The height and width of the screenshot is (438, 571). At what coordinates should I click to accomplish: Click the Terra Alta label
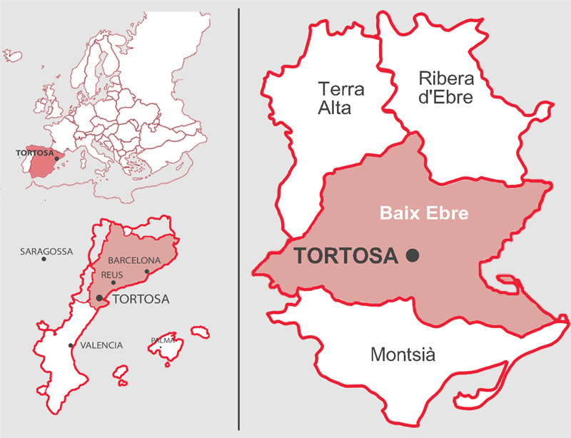[x=341, y=98]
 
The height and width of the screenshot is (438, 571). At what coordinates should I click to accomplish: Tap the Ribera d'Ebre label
[x=445, y=88]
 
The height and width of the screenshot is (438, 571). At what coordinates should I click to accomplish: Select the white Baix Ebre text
[x=423, y=213]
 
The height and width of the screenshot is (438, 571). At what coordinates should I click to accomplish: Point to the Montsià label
[x=403, y=355]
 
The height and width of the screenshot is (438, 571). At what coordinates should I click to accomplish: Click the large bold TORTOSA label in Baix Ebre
[x=345, y=255]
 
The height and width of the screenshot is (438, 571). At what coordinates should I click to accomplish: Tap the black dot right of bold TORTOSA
[x=412, y=255]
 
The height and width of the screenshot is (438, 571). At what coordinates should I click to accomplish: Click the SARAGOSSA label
[x=46, y=251]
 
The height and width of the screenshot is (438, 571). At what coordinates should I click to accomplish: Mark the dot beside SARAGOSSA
[x=44, y=259]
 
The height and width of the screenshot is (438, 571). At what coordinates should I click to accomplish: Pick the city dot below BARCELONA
[x=147, y=271]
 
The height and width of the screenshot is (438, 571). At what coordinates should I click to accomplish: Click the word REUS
[x=112, y=275]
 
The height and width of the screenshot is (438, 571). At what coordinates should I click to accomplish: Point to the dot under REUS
[x=113, y=282]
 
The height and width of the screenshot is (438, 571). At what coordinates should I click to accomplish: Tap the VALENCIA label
[x=101, y=345]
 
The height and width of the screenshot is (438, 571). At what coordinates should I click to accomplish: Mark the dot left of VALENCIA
[x=70, y=346]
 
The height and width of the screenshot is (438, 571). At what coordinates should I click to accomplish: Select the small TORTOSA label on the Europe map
[x=31, y=152]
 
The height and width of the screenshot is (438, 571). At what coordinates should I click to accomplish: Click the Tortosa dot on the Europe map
[x=56, y=158]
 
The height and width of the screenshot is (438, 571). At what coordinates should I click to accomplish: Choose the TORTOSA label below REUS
[x=141, y=299]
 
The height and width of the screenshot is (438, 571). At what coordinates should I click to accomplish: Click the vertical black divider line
[x=238, y=214]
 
